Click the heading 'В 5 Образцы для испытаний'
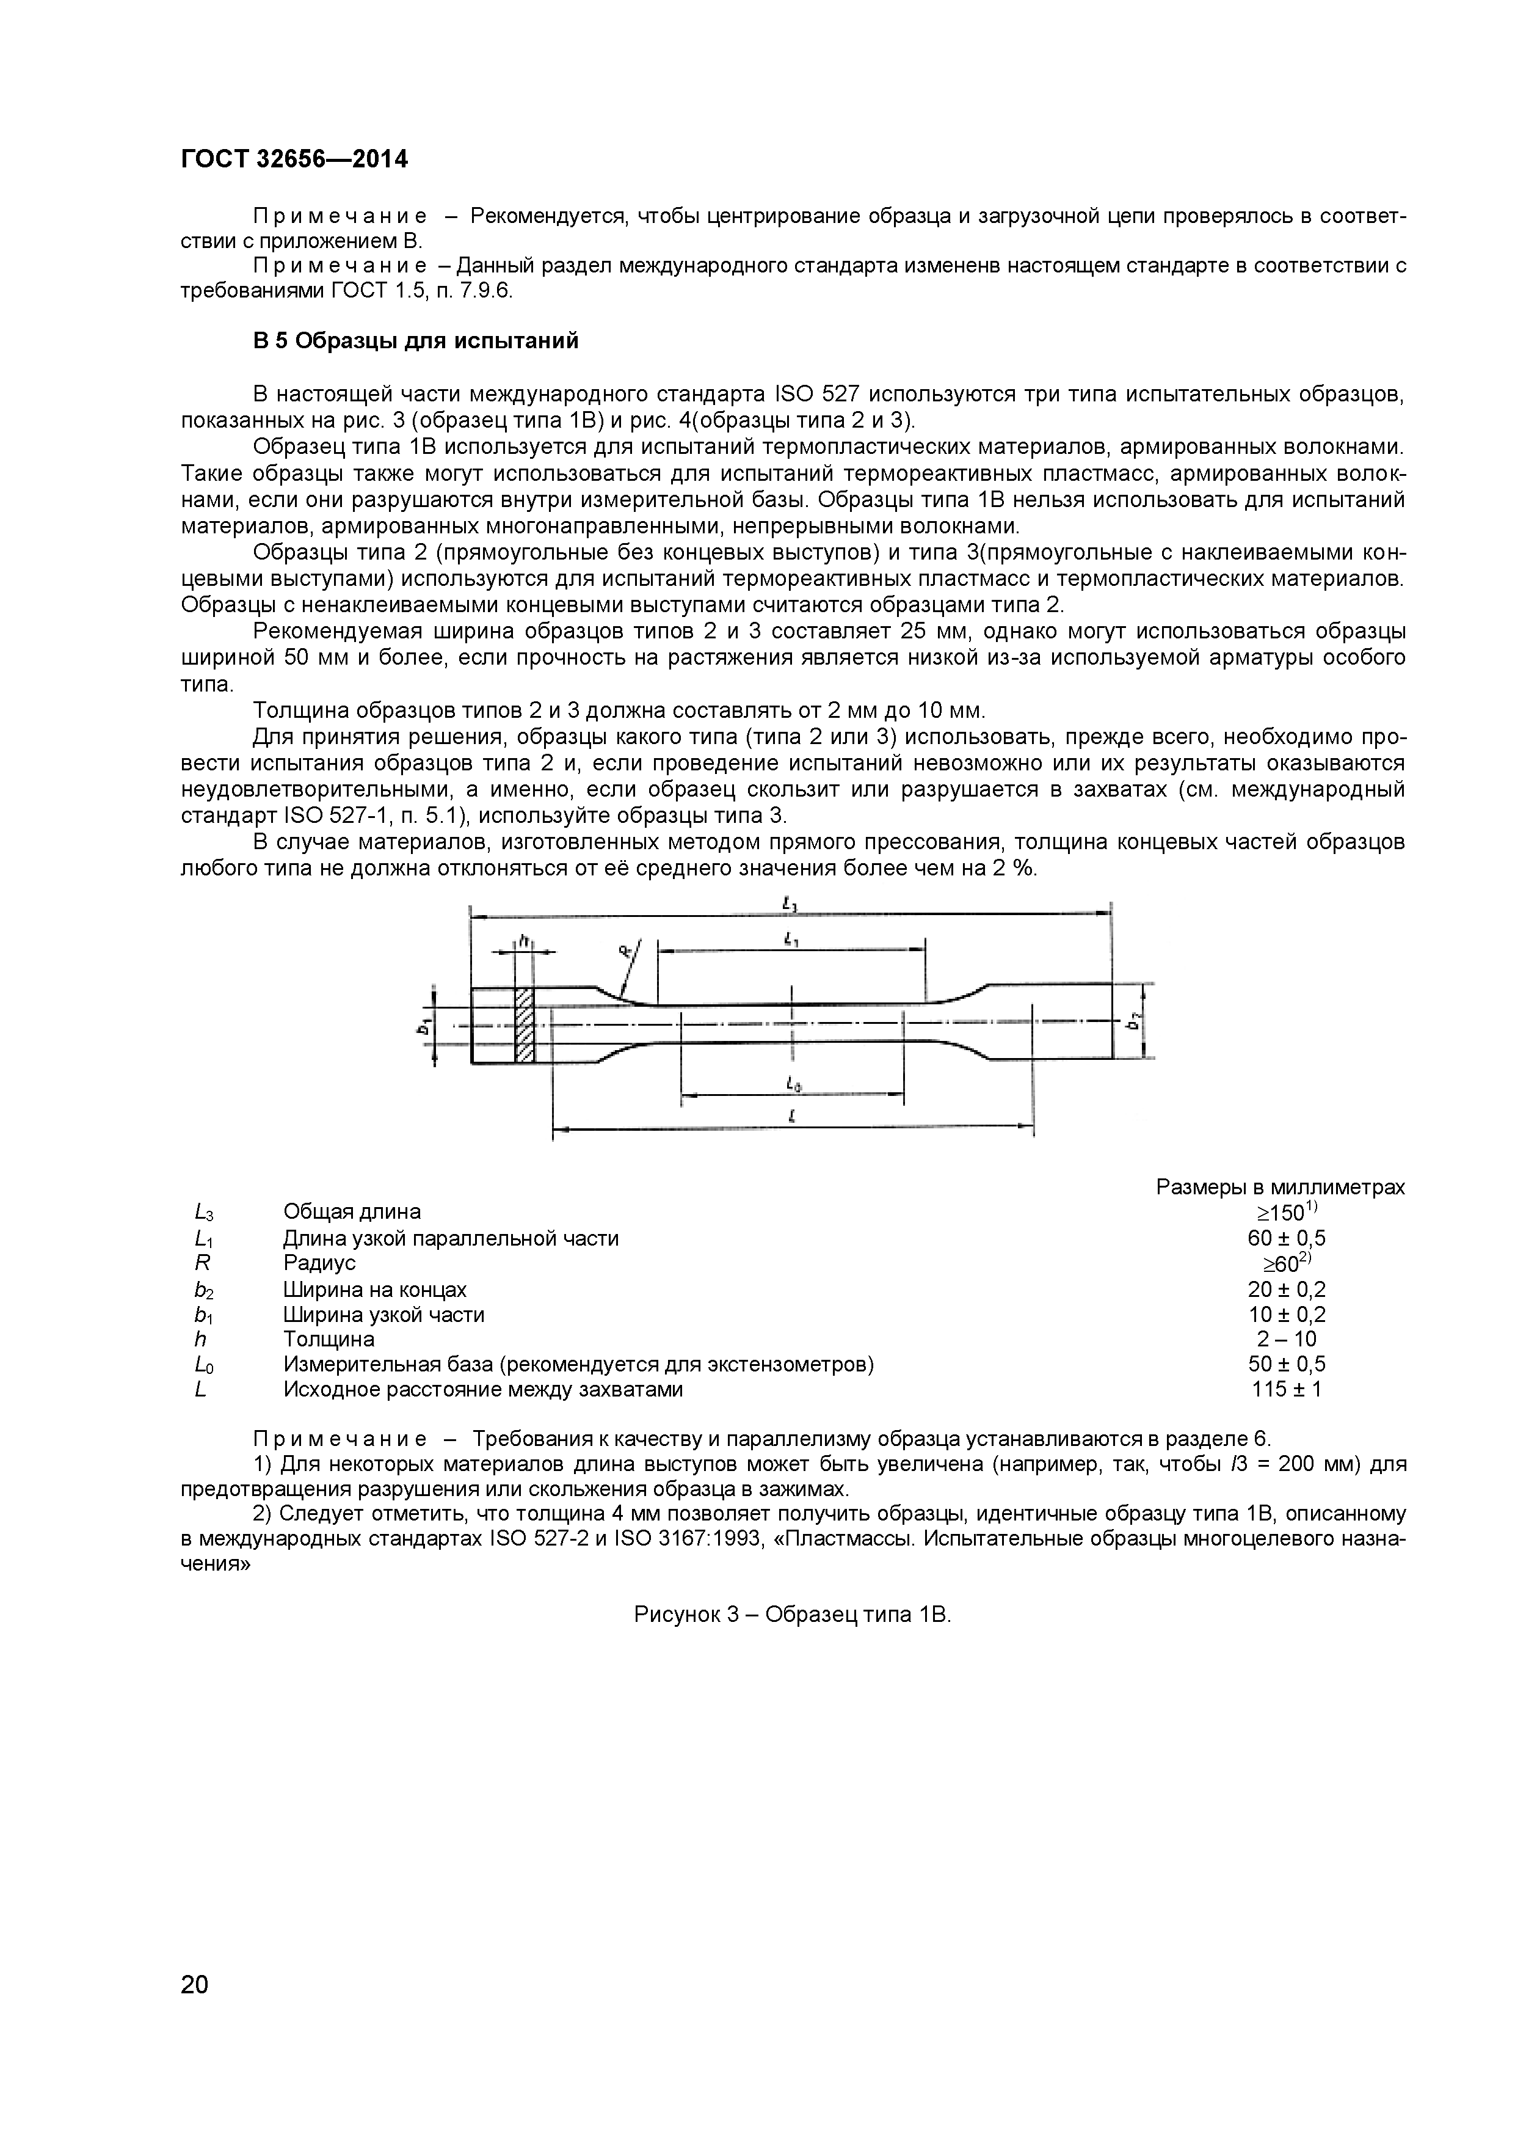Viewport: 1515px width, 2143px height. [x=415, y=341]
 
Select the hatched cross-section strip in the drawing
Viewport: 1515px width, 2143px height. [x=525, y=1024]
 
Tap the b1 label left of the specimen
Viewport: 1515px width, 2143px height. [x=424, y=1026]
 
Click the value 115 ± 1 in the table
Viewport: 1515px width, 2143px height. [x=1287, y=1389]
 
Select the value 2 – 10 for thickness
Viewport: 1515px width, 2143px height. [x=1287, y=1338]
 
